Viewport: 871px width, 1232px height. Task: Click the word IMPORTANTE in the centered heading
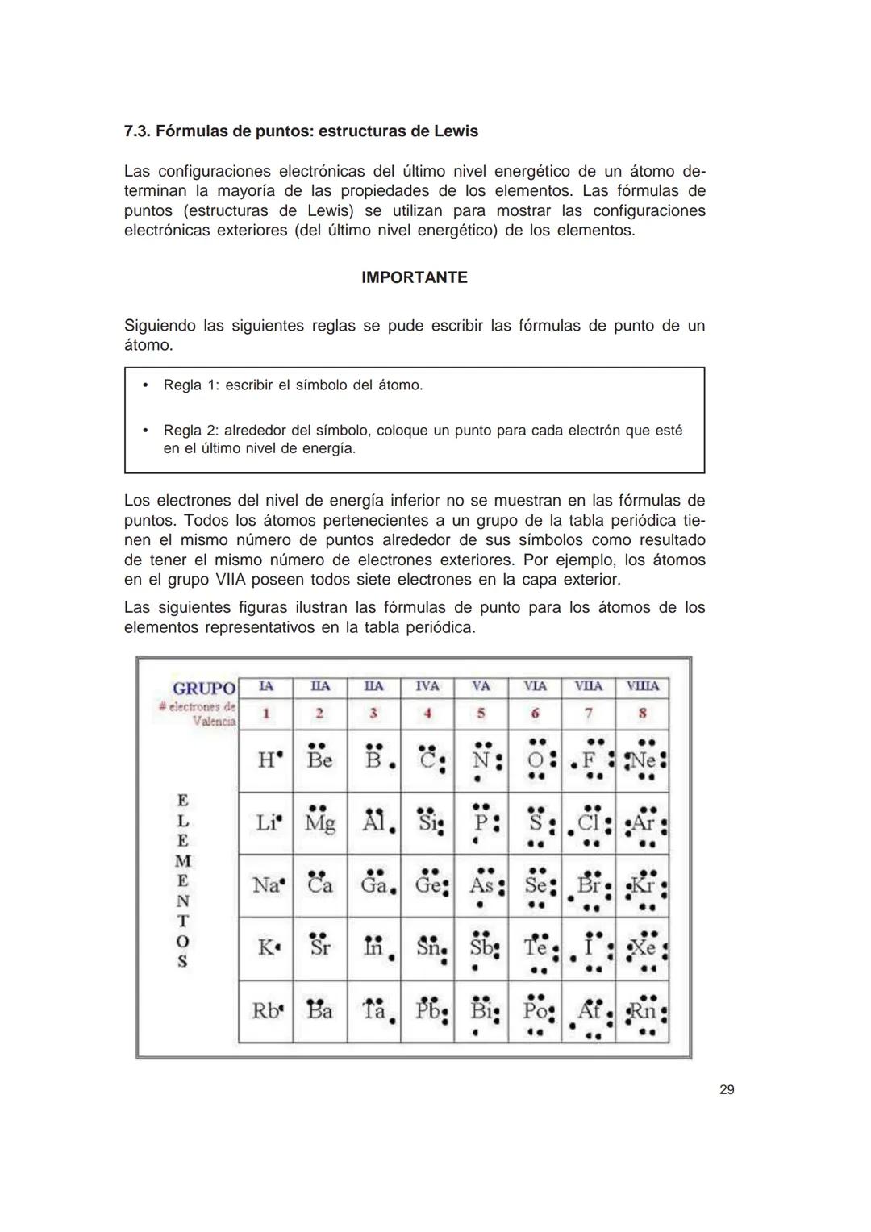(414, 277)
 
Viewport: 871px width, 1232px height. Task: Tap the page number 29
(726, 1090)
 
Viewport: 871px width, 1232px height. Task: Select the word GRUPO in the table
(204, 688)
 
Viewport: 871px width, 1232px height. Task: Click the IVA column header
(427, 686)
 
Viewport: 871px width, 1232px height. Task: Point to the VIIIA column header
(642, 686)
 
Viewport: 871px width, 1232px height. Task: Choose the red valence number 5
(481, 713)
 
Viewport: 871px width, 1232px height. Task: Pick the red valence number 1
(265, 713)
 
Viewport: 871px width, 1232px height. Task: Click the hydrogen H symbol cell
(266, 760)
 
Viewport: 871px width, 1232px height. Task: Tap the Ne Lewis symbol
(643, 760)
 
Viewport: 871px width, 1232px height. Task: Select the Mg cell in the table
(319, 823)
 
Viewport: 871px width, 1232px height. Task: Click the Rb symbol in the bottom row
(265, 1011)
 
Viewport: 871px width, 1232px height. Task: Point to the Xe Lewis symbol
(643, 947)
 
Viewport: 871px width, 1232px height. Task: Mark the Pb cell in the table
(428, 1011)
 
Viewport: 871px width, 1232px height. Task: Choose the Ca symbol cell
(319, 885)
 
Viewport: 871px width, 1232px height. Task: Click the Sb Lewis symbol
(481, 947)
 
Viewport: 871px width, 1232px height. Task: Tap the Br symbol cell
(589, 885)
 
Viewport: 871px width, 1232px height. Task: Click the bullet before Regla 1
(144, 385)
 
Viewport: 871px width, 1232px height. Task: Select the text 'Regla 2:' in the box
(190, 431)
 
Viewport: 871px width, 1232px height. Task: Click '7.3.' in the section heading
(137, 131)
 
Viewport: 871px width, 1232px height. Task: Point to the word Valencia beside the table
(215, 721)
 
